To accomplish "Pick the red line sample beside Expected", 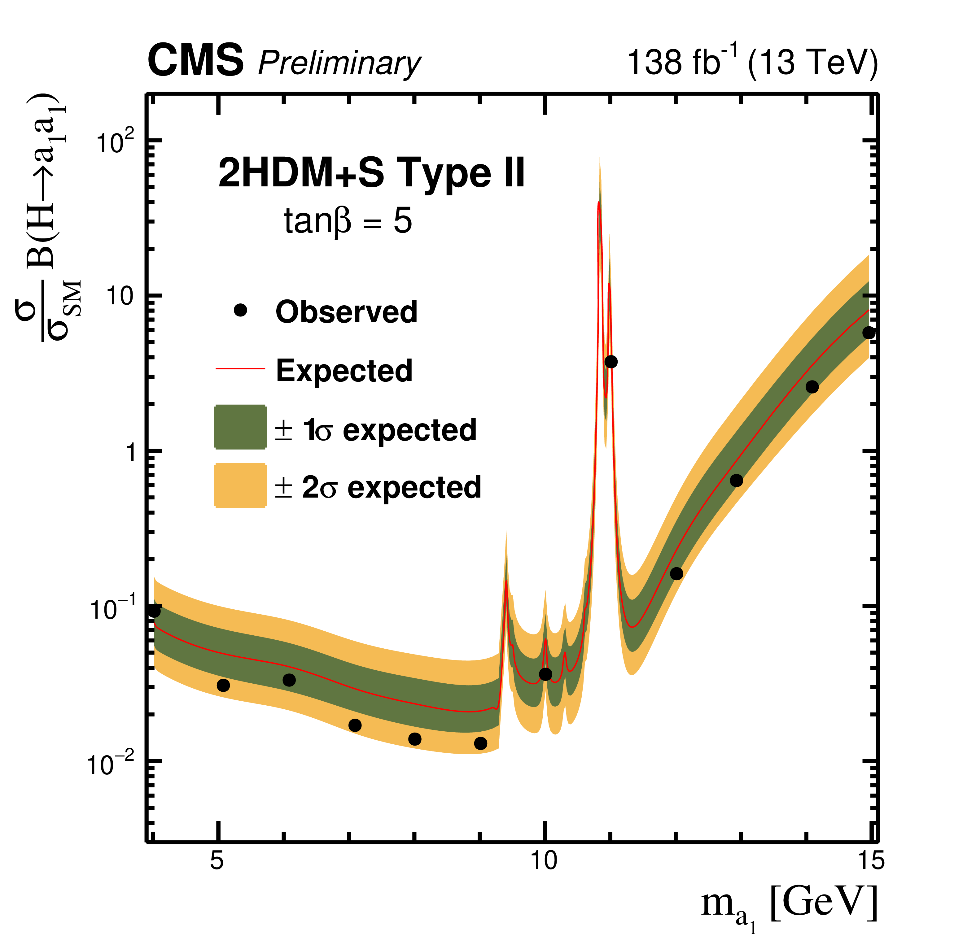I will coord(240,368).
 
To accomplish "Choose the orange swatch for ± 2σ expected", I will coord(240,485).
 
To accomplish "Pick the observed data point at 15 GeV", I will coord(869,333).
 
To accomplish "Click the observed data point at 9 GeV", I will coord(480,743).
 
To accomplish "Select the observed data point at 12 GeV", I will coord(676,573).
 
